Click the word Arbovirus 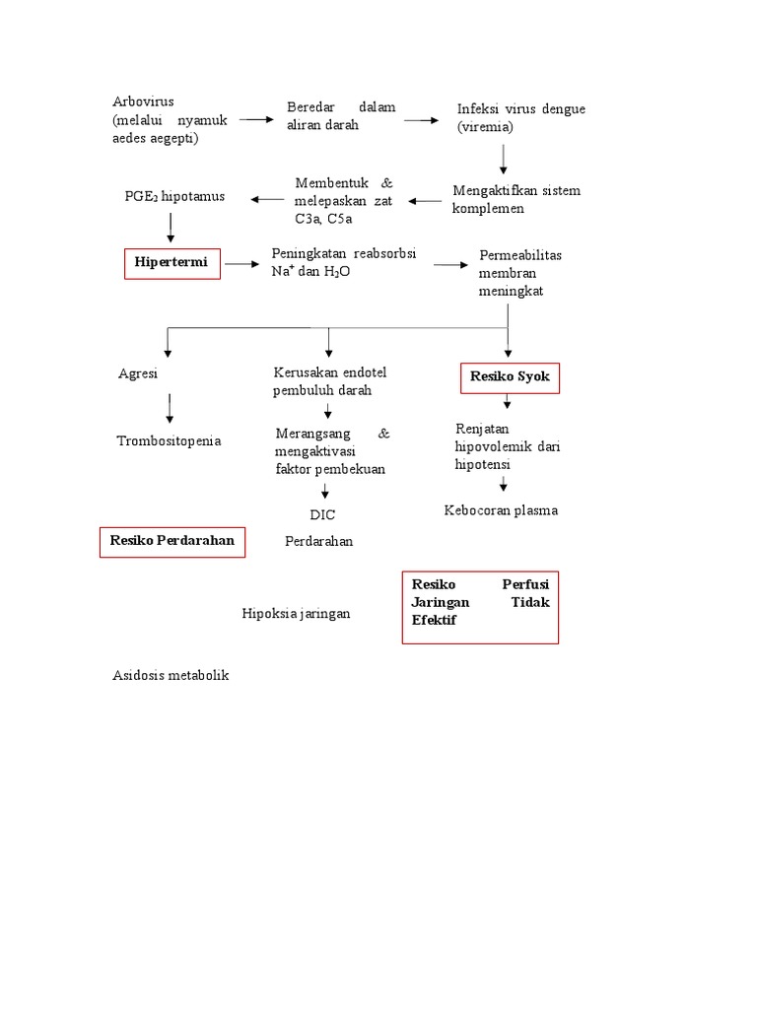pos(144,101)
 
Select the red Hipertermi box pos(172,264)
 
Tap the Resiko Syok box pos(510,377)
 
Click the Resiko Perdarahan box pos(172,541)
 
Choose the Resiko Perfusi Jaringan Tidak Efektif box pos(480,606)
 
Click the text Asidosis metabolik pos(171,675)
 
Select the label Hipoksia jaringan pos(297,613)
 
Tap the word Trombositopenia pos(169,440)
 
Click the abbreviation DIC pos(322,514)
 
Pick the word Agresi pos(138,374)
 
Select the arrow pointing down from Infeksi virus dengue pos(504,158)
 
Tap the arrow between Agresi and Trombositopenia pos(170,406)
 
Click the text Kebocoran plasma pos(501,509)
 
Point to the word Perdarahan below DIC pos(318,541)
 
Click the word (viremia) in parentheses pos(485,127)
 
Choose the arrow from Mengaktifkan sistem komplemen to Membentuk pos(426,201)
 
